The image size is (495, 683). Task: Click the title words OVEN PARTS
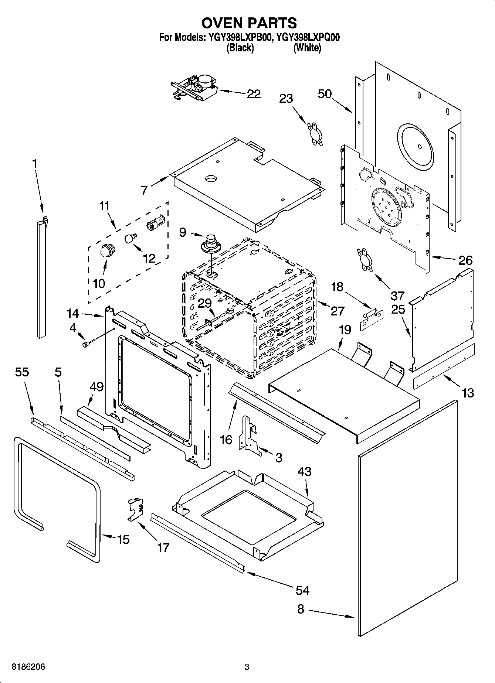[249, 23]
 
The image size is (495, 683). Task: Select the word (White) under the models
[307, 48]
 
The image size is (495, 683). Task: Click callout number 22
[254, 94]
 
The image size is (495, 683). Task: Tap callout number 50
[325, 94]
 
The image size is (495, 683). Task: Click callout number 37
[397, 296]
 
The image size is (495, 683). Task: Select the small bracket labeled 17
[136, 509]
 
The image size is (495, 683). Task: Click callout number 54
[302, 590]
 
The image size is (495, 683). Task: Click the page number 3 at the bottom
[247, 667]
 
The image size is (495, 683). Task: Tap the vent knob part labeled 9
[211, 243]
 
